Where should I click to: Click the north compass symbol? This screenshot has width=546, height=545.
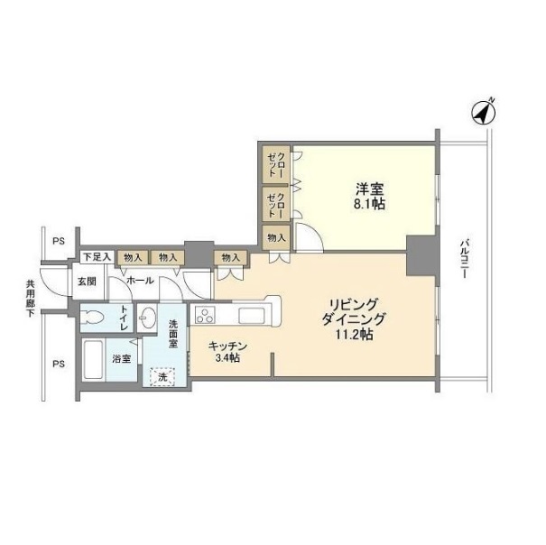click(484, 112)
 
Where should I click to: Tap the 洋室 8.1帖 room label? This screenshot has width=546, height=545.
click(369, 196)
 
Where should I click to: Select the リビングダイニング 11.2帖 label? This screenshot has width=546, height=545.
click(353, 319)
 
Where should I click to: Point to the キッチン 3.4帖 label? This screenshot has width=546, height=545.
click(227, 352)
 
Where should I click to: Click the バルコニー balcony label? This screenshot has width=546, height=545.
click(464, 258)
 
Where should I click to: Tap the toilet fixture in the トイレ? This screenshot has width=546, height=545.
click(91, 318)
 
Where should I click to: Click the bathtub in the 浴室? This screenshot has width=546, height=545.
click(94, 360)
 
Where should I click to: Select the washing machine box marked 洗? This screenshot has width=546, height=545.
click(162, 376)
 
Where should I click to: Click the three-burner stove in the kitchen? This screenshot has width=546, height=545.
click(204, 315)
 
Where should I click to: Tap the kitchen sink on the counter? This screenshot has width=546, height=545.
click(252, 315)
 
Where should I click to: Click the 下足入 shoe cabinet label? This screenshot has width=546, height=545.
click(97, 257)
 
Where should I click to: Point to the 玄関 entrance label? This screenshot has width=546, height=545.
click(87, 281)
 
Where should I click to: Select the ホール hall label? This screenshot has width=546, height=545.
click(140, 280)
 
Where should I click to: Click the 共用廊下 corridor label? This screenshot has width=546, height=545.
click(31, 298)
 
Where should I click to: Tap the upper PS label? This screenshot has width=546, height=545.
click(59, 241)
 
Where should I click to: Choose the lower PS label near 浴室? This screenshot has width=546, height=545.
click(59, 364)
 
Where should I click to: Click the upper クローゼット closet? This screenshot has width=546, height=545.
click(276, 165)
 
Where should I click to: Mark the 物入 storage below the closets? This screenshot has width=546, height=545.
click(276, 238)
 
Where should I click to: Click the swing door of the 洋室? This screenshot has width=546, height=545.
click(309, 236)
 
